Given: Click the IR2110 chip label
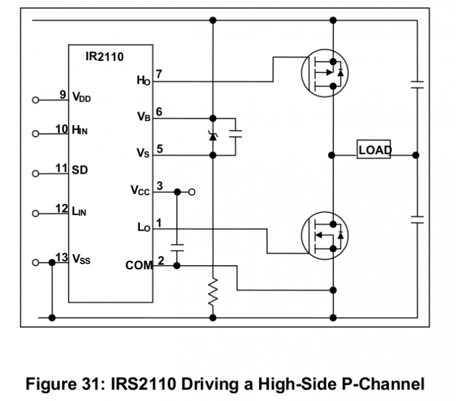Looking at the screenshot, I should click(104, 57).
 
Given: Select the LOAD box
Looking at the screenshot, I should click(374, 150).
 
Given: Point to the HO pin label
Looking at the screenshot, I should click(143, 82).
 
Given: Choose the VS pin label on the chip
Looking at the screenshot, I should click(143, 154).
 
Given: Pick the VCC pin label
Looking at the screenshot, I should click(141, 191).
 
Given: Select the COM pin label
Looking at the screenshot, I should click(139, 265).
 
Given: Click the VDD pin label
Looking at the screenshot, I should click(82, 98).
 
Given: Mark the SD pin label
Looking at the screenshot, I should click(80, 170).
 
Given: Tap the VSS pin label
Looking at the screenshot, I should click(82, 258).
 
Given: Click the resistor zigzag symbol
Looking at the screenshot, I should click(213, 292).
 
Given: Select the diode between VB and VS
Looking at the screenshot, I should click(213, 136).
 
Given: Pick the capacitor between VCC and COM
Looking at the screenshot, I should click(177, 247).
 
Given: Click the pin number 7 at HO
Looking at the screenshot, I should click(159, 74).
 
